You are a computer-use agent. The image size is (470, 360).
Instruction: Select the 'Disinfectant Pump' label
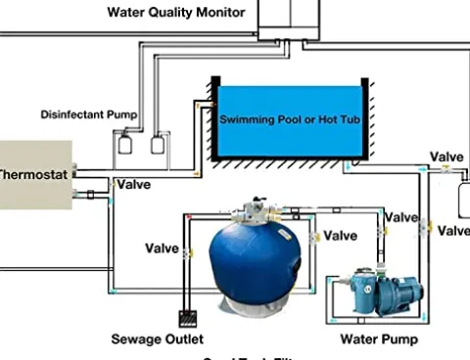click(x=88, y=114)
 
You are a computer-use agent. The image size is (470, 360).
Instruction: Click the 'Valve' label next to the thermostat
click(x=133, y=183)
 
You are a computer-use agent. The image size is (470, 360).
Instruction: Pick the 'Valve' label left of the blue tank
click(x=162, y=248)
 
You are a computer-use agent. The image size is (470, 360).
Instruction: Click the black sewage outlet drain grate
click(x=188, y=317)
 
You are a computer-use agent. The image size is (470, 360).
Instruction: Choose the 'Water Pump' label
click(x=378, y=339)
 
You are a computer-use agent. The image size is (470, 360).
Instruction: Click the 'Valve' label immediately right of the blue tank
click(x=340, y=236)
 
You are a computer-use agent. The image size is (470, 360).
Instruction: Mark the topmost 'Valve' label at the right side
click(x=446, y=157)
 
